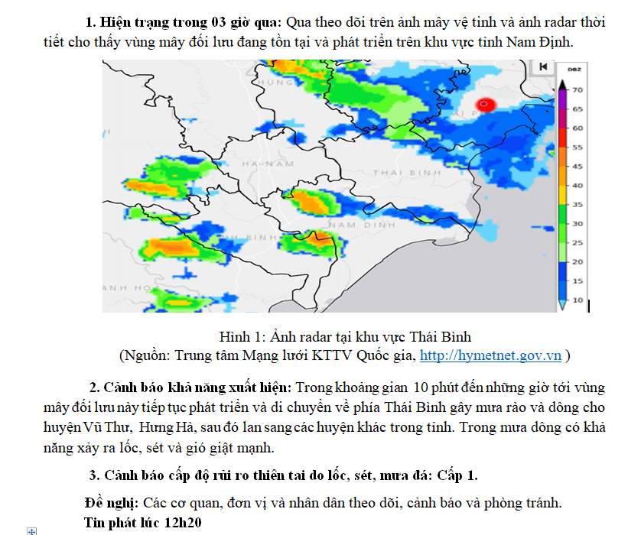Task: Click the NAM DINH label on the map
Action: pos(361,225)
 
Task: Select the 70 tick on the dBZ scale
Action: pos(577,90)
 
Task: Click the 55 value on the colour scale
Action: pos(577,148)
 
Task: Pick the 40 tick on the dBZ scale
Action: pos(577,186)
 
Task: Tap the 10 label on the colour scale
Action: pos(577,300)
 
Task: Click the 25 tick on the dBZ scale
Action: pos(577,243)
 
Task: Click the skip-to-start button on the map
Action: pos(542,67)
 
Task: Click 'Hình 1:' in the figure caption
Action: pos(240,337)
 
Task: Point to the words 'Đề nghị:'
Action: pos(111,503)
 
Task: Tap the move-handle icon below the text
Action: pos(31,530)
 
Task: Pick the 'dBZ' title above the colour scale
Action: pos(574,70)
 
